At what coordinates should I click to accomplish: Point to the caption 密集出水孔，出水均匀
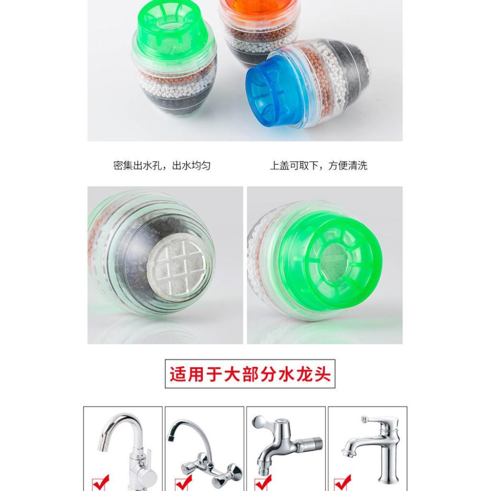point(162,166)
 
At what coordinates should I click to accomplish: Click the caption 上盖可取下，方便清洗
point(319,166)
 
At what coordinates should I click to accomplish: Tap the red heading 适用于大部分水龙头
point(250,374)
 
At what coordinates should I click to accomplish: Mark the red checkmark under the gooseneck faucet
point(101,482)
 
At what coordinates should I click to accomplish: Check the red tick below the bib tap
point(264,482)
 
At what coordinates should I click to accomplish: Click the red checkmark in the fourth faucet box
point(343,482)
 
